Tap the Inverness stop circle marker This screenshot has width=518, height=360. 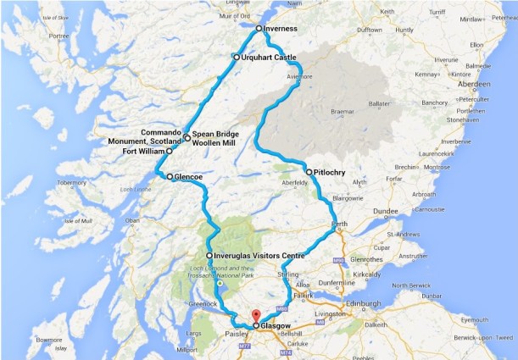[x=259, y=28]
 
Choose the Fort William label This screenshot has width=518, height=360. [x=144, y=152]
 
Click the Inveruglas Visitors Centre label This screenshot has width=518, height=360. [x=259, y=255]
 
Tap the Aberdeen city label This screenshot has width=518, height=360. [x=475, y=86]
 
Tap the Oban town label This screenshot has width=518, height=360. [x=131, y=221]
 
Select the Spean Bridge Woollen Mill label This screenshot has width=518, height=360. [x=214, y=139]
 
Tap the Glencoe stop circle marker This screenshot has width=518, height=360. [x=170, y=177]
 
